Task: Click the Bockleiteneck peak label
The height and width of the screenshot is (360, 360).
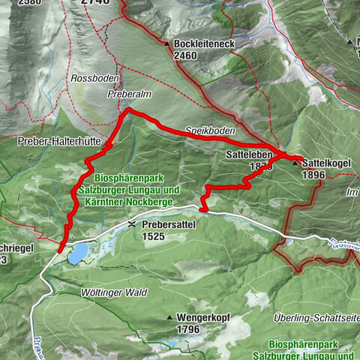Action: point(205,44)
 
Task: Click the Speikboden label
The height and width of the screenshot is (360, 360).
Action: point(211,130)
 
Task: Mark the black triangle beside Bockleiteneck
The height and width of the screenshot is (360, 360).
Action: point(166,44)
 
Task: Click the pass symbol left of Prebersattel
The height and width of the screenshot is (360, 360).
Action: point(131,223)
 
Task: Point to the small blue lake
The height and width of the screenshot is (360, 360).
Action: point(76,253)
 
